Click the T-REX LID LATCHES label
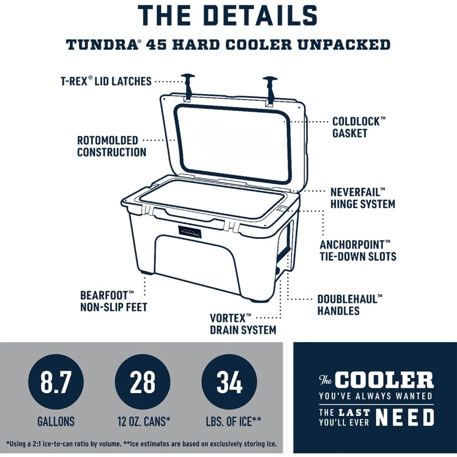coord(106,81)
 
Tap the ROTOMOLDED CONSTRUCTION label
coord(111,146)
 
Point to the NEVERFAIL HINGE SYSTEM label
coord(362,197)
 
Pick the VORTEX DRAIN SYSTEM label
coord(243,323)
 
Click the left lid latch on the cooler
coord(188,87)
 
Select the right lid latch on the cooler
coord(270,89)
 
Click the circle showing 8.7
coord(56,383)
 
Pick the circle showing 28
coord(143,383)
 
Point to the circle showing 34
coord(229,383)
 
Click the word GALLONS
coord(56,421)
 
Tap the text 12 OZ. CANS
coord(143,421)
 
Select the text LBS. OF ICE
coord(229,421)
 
